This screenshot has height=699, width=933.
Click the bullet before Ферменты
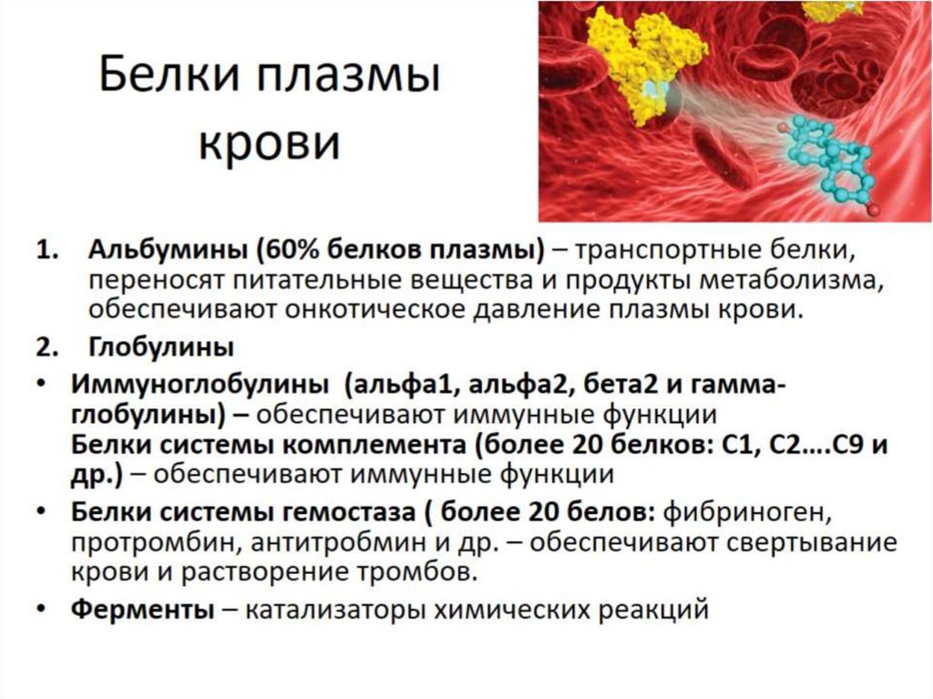(x=43, y=608)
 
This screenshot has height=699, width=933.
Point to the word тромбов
(x=433, y=574)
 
